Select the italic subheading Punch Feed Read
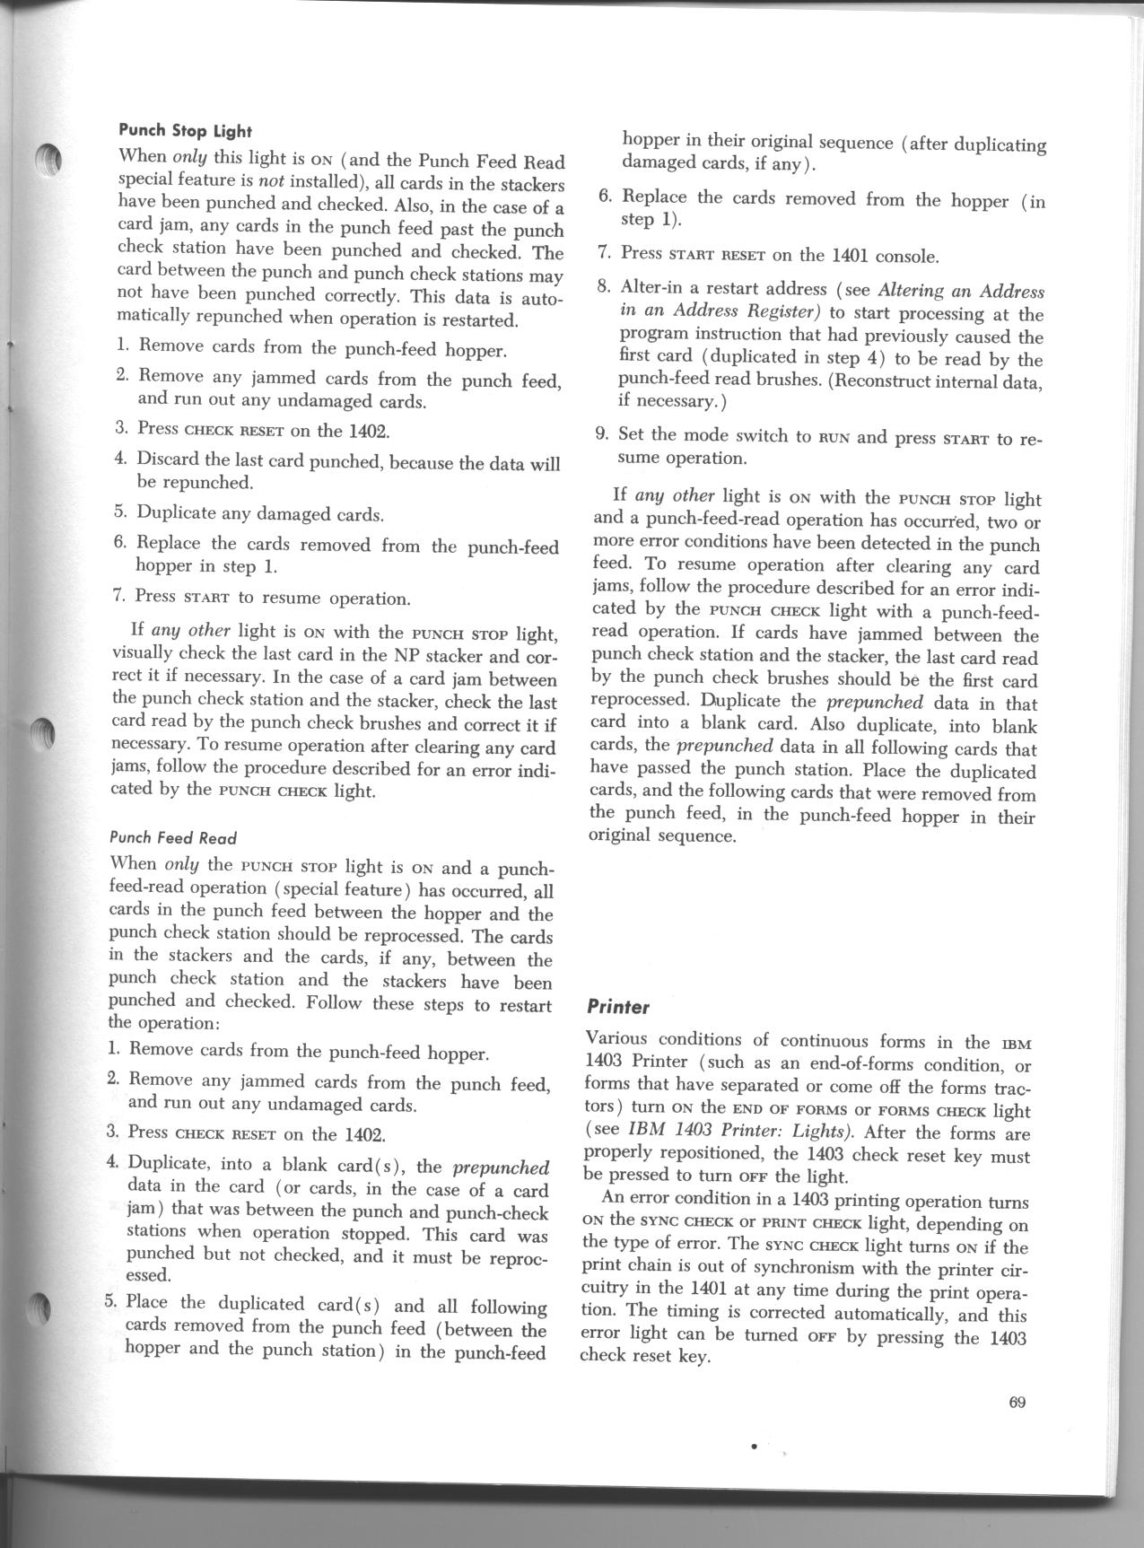pyautogui.click(x=172, y=838)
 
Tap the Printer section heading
pyautogui.click(x=618, y=1007)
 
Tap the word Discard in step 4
pyautogui.click(x=169, y=459)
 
